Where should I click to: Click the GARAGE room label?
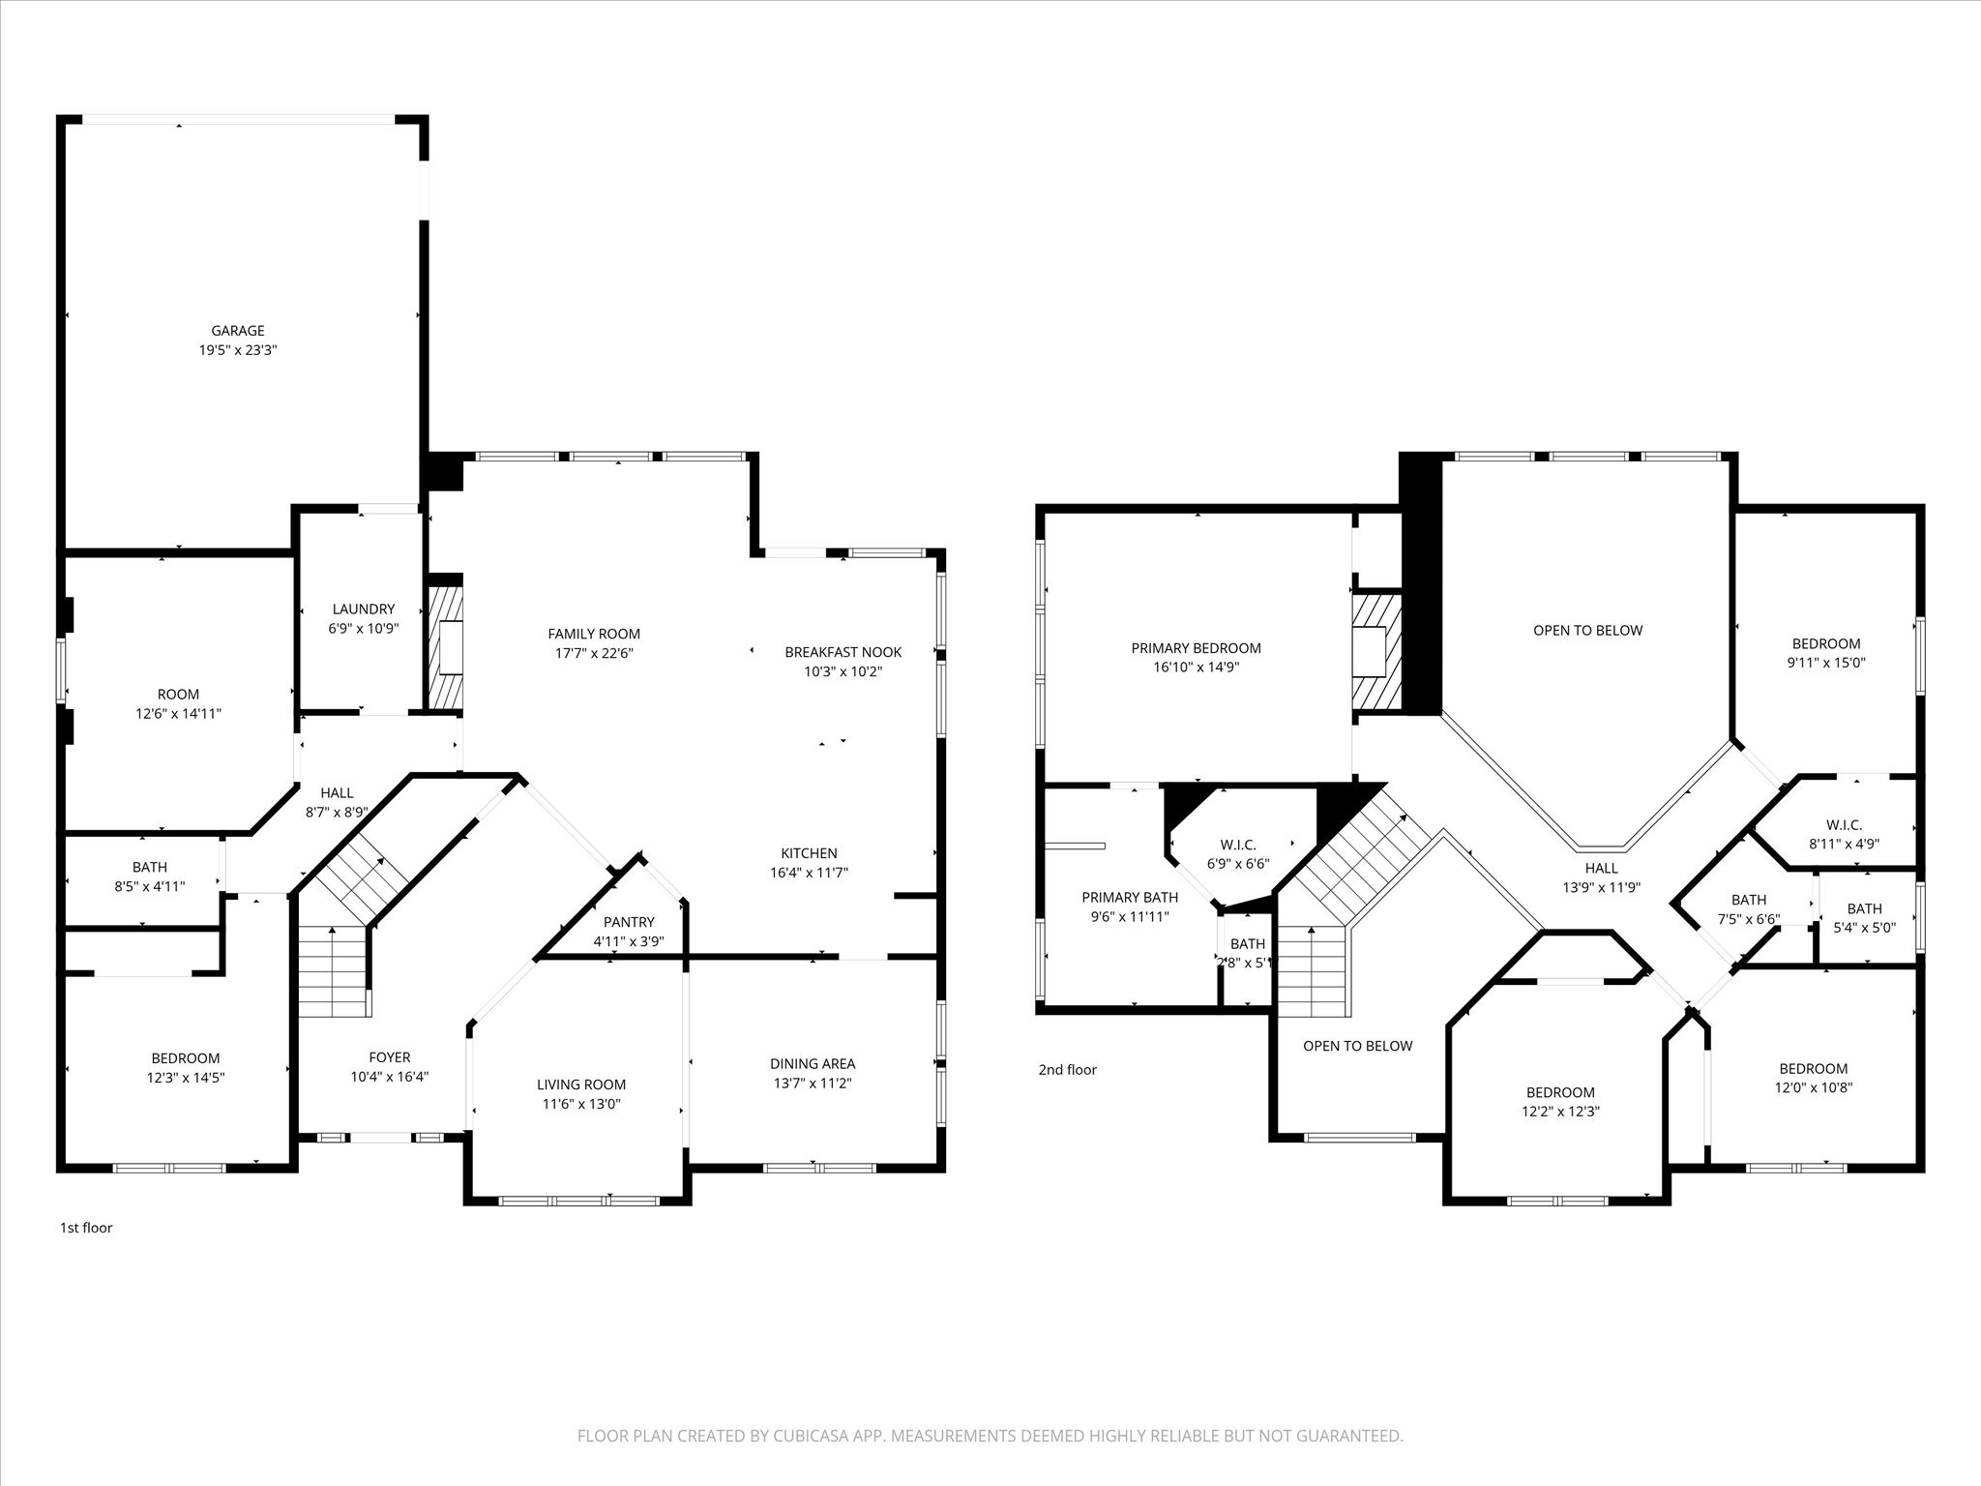click(238, 331)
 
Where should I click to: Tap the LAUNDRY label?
click(364, 609)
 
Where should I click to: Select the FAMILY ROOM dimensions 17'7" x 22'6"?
click(594, 653)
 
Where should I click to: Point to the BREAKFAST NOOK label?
click(843, 652)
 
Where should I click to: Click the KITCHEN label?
click(810, 853)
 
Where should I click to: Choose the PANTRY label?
click(629, 922)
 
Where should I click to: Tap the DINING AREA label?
click(813, 1064)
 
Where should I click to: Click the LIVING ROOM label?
click(581, 1085)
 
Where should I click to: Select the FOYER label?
click(390, 1057)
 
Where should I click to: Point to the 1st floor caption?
click(86, 1228)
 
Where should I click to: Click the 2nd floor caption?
click(1068, 1069)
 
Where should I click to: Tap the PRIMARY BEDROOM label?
click(1197, 648)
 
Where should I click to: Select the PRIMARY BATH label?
click(1130, 898)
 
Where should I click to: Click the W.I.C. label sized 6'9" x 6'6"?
click(1238, 845)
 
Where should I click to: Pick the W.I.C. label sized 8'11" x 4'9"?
click(1844, 825)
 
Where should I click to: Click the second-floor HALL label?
click(1602, 868)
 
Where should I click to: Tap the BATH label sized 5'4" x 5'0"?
click(1865, 908)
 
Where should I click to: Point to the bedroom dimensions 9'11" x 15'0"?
click(1826, 663)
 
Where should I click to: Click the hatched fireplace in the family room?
click(446, 646)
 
